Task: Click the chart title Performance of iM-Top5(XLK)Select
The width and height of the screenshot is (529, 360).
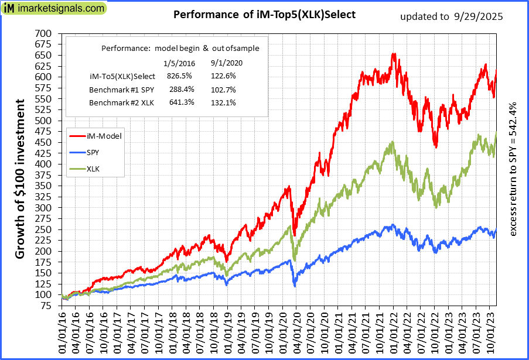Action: (264, 15)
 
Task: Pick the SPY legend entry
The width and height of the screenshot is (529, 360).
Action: (93, 152)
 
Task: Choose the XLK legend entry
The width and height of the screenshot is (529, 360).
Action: (93, 169)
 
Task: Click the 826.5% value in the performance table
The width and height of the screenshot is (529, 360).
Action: (179, 76)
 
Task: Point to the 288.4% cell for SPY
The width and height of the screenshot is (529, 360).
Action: (179, 90)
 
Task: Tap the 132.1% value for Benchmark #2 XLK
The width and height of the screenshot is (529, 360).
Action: (222, 103)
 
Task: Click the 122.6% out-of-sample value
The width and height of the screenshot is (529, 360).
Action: (222, 76)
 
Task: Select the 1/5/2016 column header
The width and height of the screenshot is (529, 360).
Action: (179, 62)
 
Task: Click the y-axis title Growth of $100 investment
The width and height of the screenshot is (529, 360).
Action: (20, 179)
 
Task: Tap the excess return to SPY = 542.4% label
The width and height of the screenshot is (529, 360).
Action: (513, 170)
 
